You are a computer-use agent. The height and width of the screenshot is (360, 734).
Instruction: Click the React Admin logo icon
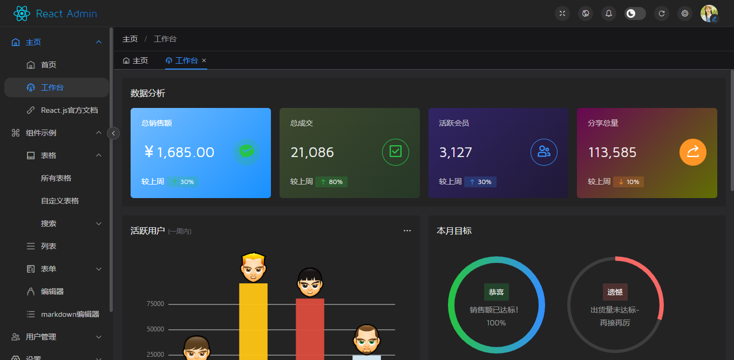click(x=22, y=13)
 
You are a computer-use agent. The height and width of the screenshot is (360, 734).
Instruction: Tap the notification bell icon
click(x=609, y=13)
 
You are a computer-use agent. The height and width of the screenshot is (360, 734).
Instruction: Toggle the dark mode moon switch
click(x=635, y=13)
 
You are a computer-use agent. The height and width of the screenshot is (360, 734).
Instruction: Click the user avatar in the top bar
click(x=709, y=13)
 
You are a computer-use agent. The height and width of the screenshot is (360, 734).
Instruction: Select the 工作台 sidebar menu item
click(x=52, y=87)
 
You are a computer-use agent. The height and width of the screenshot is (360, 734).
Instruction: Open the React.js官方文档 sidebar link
click(x=69, y=110)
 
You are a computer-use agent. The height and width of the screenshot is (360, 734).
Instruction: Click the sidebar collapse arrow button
click(x=113, y=133)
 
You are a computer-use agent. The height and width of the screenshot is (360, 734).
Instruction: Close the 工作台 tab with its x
click(x=204, y=60)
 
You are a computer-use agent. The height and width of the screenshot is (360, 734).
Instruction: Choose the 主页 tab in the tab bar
click(x=135, y=60)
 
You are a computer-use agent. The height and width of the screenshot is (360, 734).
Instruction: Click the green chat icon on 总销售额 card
click(x=247, y=152)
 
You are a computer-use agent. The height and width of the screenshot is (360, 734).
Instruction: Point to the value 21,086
click(x=312, y=153)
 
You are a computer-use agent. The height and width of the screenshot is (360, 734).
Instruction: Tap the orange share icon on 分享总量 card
click(x=692, y=152)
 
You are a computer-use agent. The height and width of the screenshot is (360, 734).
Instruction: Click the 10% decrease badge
click(x=628, y=182)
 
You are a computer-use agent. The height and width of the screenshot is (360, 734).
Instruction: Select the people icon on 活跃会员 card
click(x=544, y=152)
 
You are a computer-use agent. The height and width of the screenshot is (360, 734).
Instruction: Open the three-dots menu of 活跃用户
click(x=407, y=230)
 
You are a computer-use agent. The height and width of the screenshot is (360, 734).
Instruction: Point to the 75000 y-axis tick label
click(x=155, y=304)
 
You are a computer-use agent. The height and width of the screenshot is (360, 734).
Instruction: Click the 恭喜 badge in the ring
click(x=496, y=292)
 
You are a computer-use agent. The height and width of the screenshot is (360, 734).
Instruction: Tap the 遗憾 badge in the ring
click(x=615, y=292)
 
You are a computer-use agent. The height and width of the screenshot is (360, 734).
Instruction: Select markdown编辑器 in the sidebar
click(x=70, y=314)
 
